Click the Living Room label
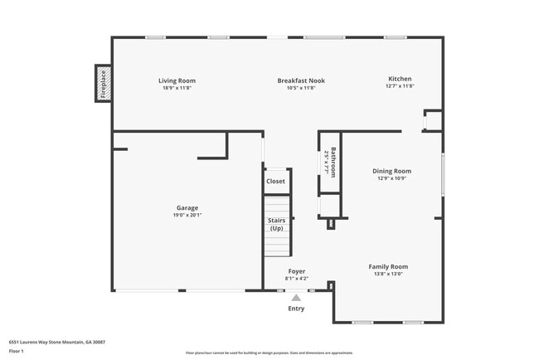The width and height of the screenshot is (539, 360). click(177, 80)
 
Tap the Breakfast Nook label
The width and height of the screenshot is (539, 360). click(300, 80)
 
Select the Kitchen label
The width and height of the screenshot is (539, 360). click(400, 79)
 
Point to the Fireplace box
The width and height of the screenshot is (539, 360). click(104, 84)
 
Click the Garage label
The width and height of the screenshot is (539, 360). click(187, 207)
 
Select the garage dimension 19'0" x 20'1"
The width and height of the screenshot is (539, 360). click(187, 215)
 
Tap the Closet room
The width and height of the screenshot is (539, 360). click(275, 181)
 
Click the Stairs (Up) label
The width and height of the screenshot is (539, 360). click(276, 224)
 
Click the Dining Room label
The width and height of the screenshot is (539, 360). click(394, 171)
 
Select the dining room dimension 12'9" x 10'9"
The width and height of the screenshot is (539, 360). click(394, 178)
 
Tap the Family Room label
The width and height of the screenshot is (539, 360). click(388, 266)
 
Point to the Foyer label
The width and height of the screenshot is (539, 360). click(296, 271)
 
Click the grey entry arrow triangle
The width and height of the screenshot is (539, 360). click(296, 296)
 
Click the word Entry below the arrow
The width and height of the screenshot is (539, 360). click(296, 309)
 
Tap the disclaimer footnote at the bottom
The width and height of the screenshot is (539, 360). click(269, 353)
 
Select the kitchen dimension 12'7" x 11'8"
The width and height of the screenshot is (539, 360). click(400, 85)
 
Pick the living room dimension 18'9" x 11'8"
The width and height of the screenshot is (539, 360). click(177, 87)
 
